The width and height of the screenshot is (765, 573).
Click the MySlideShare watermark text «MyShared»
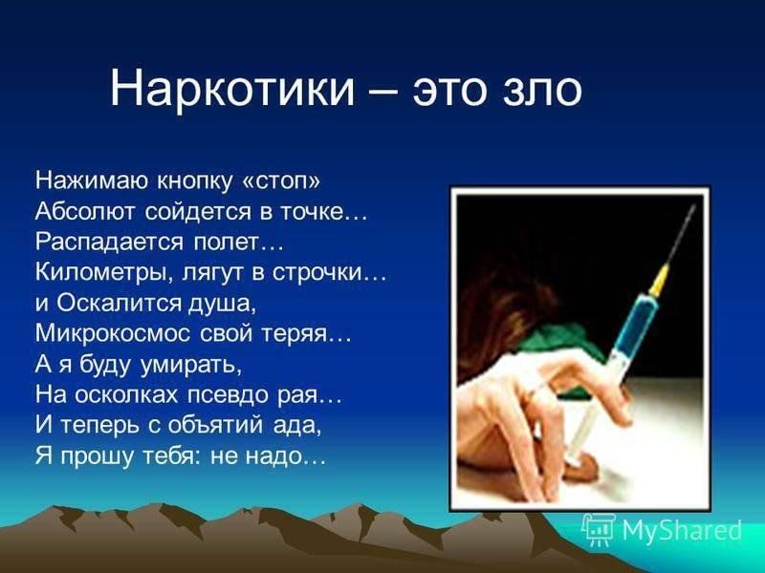[x=682, y=529]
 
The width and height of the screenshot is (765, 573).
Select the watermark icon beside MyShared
[x=599, y=529]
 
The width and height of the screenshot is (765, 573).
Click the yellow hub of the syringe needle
[x=659, y=280]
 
